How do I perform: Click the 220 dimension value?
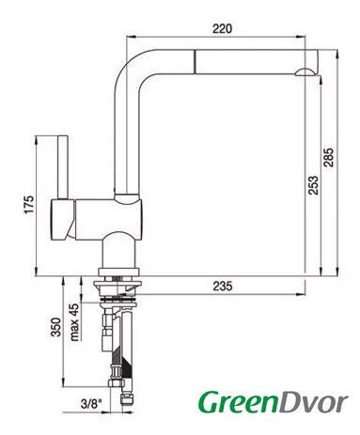point(223,28)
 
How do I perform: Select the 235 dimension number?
point(223,286)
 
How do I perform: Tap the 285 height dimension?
point(329,158)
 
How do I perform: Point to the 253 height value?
point(313,185)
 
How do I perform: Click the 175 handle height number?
point(29,205)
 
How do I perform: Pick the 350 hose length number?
point(56,327)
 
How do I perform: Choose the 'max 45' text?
point(74,322)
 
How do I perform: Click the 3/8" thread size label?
point(91,404)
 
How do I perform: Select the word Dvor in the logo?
point(313,402)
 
